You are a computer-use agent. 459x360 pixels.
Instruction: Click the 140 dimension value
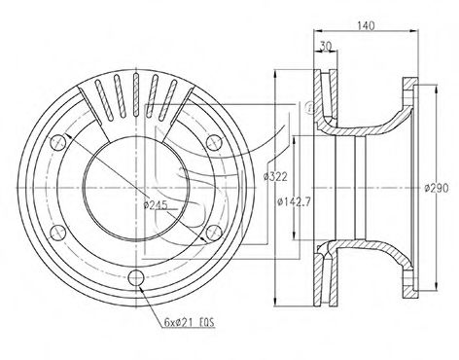click(366, 25)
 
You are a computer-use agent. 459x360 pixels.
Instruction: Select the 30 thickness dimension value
click(326, 47)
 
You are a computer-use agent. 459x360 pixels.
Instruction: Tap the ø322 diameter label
click(275, 177)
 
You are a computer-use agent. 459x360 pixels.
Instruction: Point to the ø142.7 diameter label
click(295, 202)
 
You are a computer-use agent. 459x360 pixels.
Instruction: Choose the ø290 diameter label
click(437, 188)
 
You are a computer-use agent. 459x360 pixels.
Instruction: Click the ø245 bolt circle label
click(156, 204)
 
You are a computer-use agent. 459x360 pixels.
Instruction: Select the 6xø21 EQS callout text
click(190, 322)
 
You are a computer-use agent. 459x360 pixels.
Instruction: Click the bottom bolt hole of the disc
click(136, 277)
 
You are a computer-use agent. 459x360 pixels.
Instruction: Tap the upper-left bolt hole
click(57, 142)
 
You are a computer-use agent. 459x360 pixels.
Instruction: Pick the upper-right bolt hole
click(214, 142)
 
